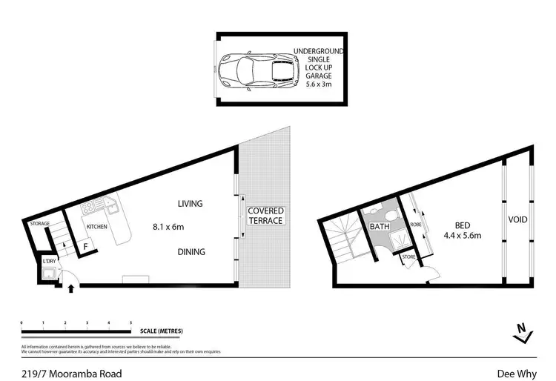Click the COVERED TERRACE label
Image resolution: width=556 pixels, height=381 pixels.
266,216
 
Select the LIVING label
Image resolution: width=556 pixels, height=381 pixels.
190,203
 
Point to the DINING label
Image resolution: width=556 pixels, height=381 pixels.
191,252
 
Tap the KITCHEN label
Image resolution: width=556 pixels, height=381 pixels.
98,226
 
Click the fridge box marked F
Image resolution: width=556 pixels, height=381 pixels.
86,246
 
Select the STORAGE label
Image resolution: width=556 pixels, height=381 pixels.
39,223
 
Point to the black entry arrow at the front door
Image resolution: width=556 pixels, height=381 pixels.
71,288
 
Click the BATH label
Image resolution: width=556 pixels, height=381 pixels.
380,227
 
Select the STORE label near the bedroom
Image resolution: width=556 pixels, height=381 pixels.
409,258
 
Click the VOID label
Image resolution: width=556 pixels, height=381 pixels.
517,220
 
